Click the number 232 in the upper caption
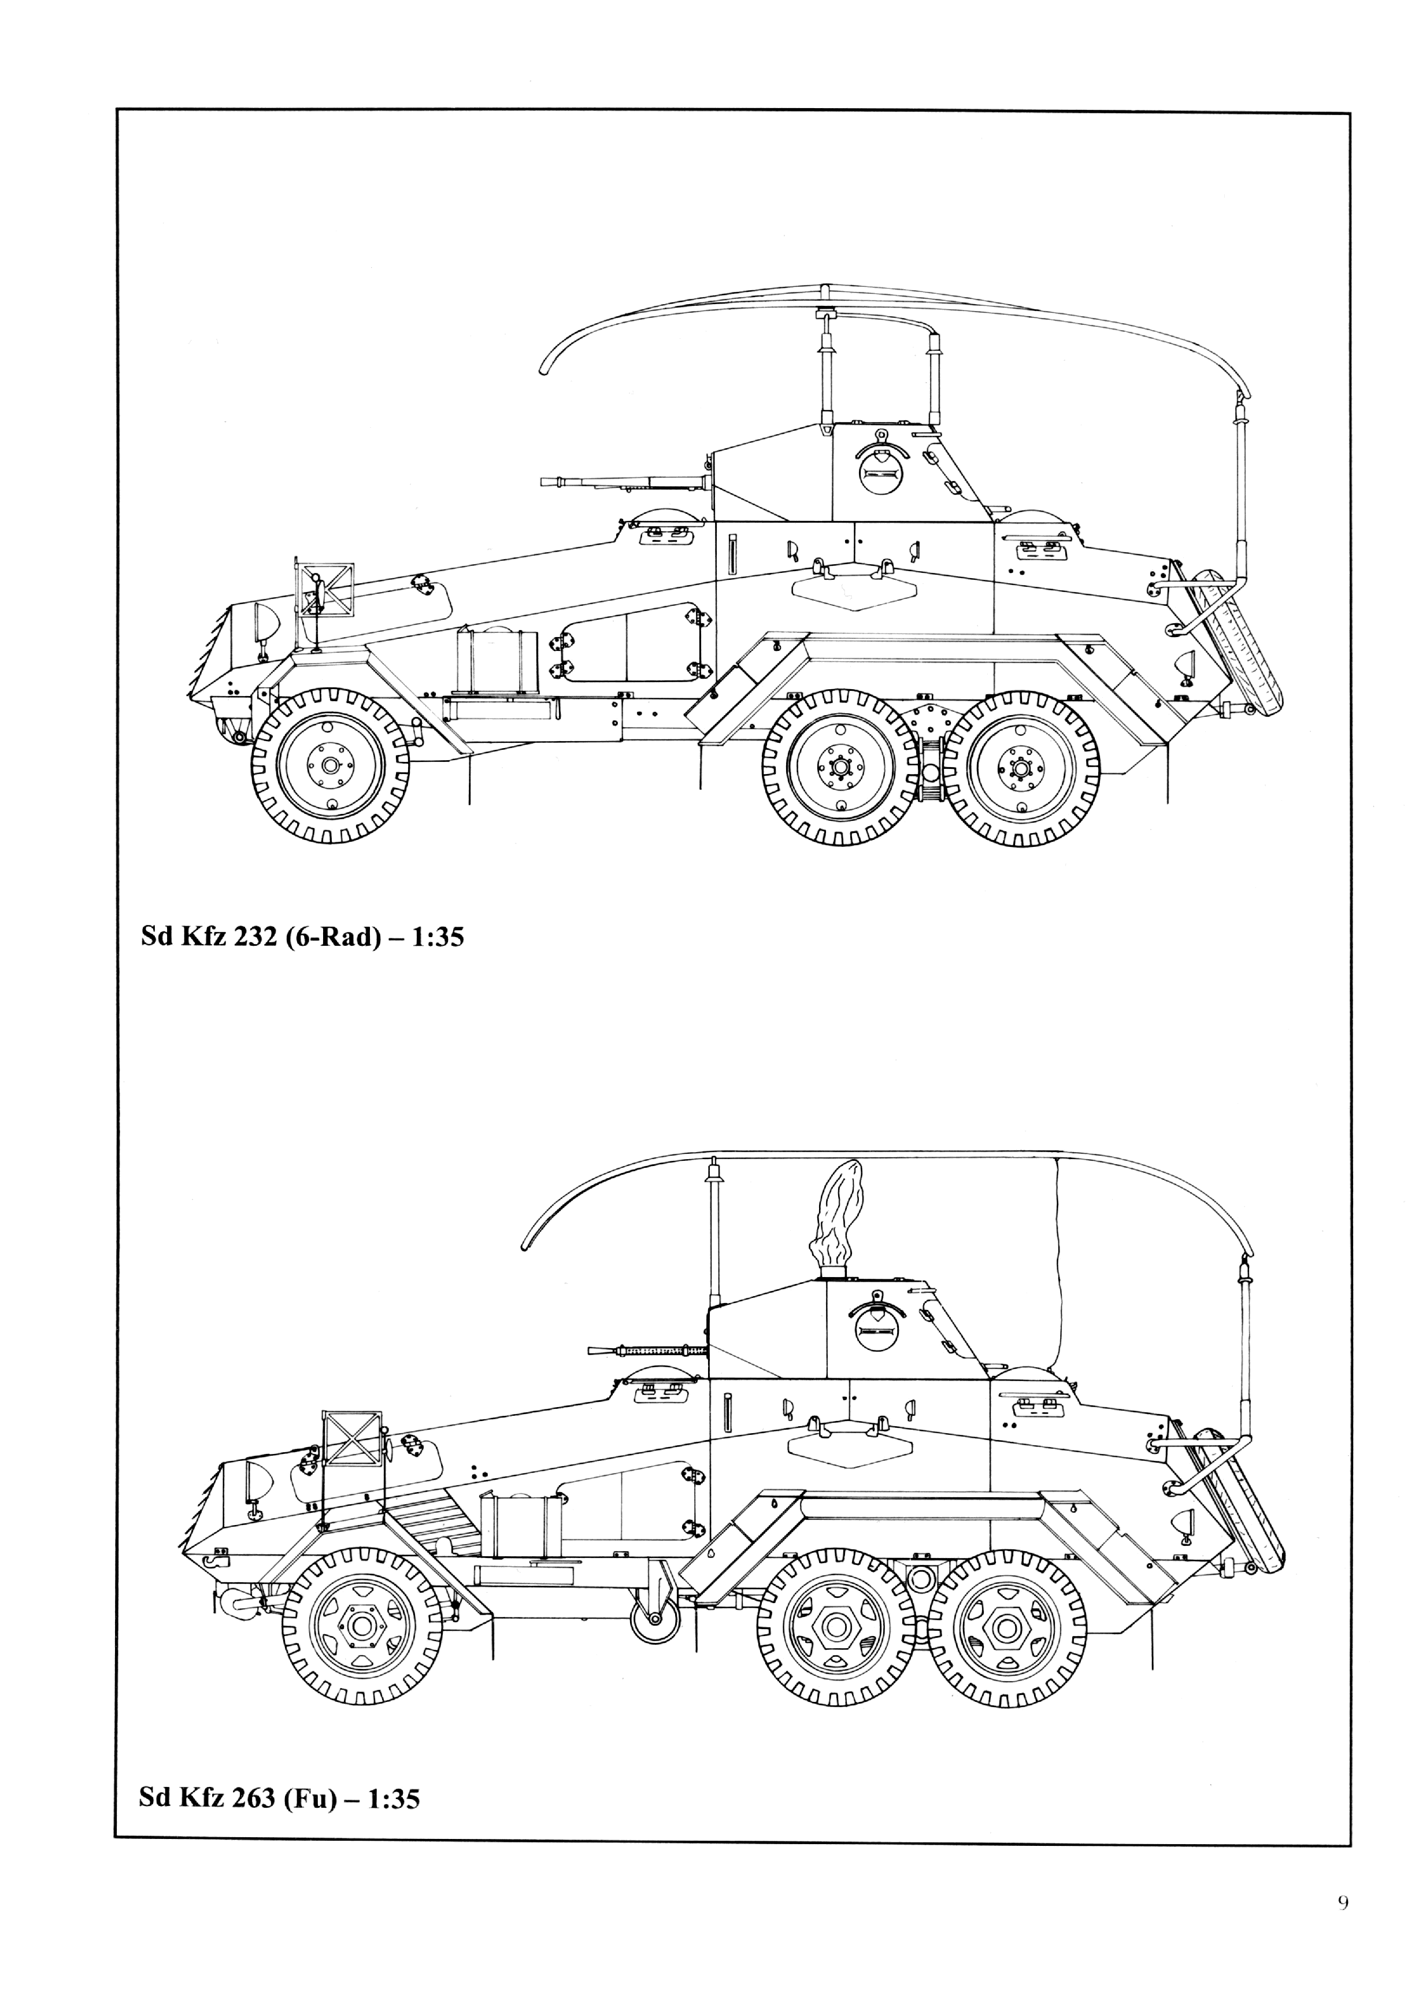coord(249,938)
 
